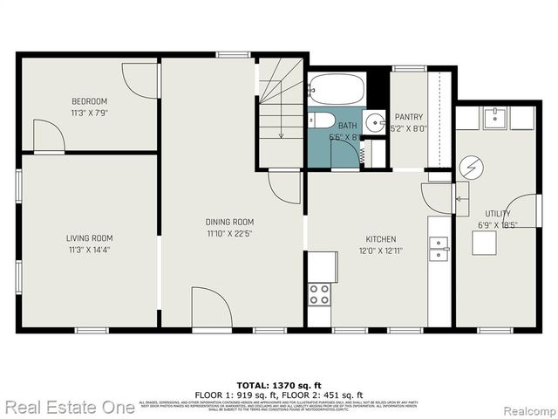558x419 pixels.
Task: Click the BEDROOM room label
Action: point(90,100)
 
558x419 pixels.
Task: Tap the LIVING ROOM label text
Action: point(90,237)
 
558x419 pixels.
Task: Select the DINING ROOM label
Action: point(229,222)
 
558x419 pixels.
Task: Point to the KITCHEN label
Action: point(380,239)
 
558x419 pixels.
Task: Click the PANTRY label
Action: point(408,117)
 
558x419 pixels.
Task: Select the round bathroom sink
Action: point(374,121)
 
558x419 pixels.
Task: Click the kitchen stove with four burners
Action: point(320,293)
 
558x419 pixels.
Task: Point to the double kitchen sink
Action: point(439,249)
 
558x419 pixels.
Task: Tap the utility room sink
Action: point(494,116)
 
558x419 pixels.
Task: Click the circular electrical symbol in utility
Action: point(471,166)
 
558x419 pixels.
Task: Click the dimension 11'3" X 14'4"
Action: point(90,250)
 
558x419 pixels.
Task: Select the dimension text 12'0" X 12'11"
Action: point(380,251)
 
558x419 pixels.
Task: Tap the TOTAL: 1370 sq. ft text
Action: point(278,385)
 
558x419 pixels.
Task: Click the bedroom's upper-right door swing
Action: point(139,81)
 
